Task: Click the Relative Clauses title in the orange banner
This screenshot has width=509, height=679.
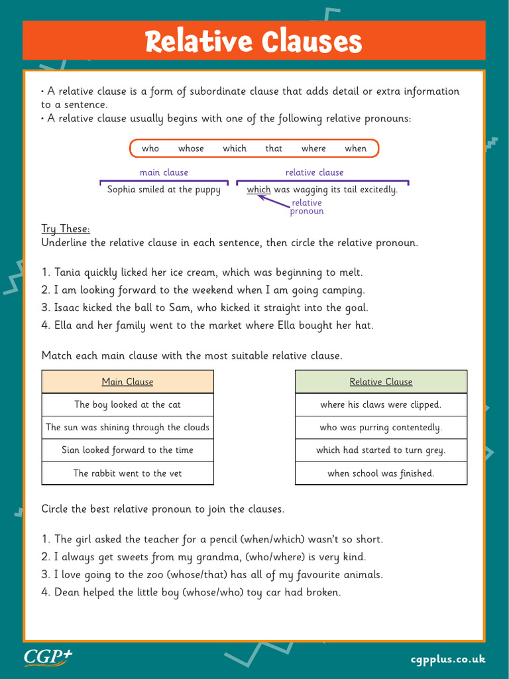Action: (254, 42)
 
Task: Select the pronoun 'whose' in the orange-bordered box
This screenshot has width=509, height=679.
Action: (191, 149)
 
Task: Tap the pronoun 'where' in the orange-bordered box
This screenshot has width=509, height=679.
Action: (313, 149)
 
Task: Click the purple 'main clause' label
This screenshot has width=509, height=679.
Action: (164, 172)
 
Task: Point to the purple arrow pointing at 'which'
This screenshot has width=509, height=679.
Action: (273, 200)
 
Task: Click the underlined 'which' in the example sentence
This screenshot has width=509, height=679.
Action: (258, 190)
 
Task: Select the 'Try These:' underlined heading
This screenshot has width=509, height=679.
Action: (66, 229)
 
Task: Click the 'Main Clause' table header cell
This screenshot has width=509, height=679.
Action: (127, 382)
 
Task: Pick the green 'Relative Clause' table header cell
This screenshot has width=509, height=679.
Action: (381, 382)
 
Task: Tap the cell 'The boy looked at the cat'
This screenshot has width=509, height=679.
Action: (127, 404)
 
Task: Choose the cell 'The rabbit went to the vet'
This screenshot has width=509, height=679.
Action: (127, 473)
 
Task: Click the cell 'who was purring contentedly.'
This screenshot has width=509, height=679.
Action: (381, 428)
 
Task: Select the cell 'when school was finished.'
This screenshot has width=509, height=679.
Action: (381, 473)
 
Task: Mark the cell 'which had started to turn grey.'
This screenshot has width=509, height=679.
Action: (381, 450)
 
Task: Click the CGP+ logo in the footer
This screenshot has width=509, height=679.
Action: (48, 657)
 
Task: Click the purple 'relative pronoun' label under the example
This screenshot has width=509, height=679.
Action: (307, 207)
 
